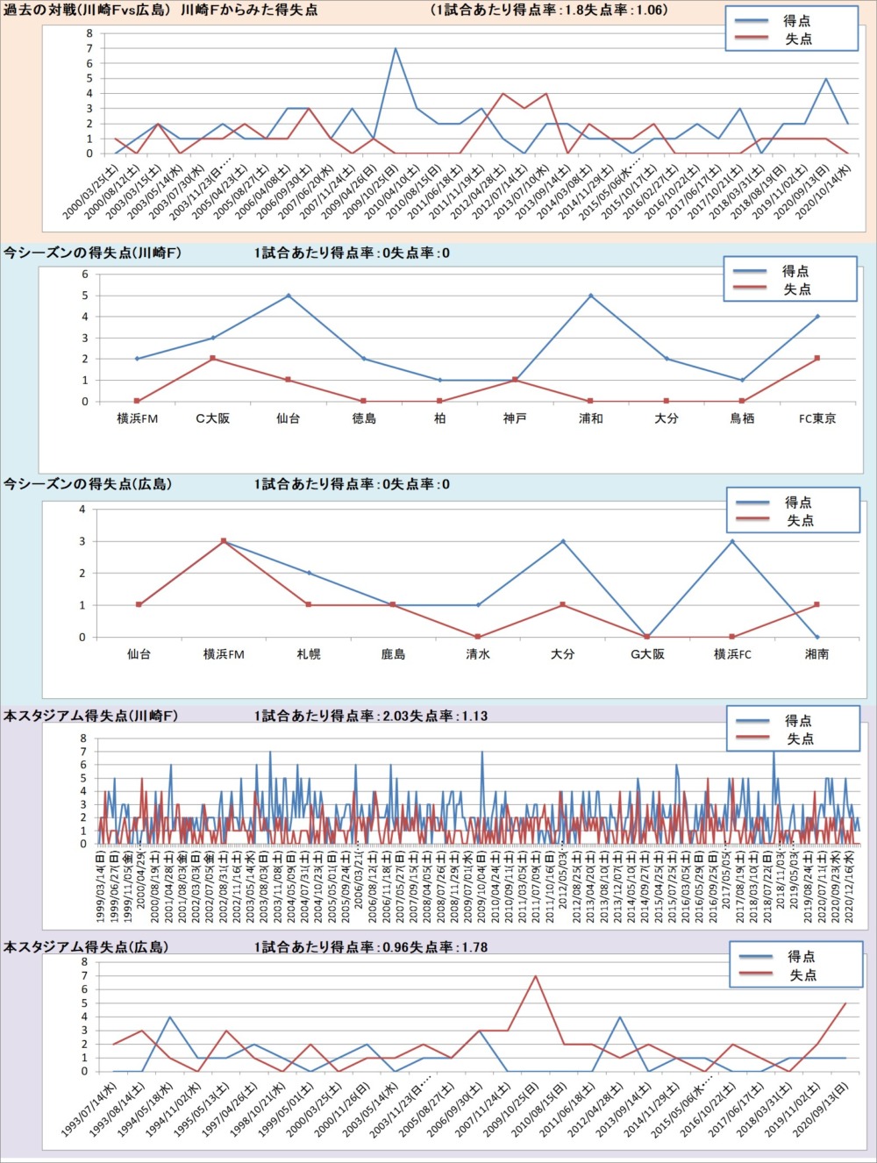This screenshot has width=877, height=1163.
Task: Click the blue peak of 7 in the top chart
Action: click(396, 48)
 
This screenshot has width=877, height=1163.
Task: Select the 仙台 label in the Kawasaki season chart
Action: click(289, 418)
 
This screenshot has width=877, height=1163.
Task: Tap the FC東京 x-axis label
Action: click(817, 418)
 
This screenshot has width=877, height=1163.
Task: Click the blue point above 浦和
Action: click(590, 296)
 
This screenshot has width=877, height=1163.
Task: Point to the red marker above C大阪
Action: click(213, 359)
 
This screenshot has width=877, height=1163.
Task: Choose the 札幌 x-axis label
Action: click(309, 654)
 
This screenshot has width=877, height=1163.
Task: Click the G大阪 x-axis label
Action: click(647, 654)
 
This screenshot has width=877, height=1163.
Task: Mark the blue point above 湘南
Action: click(817, 637)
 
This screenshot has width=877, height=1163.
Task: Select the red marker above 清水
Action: click(478, 637)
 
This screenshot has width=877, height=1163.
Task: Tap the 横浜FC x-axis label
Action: click(732, 654)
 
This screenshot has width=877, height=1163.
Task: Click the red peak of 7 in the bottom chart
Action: click(535, 976)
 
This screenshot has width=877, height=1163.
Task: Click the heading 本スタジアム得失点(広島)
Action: click(86, 947)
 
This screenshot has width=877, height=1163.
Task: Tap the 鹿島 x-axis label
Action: click(393, 654)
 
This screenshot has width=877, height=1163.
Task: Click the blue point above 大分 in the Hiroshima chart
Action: click(563, 541)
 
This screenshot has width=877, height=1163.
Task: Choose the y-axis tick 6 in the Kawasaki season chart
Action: click(85, 275)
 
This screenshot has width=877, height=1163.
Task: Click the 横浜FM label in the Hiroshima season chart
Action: click(224, 654)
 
